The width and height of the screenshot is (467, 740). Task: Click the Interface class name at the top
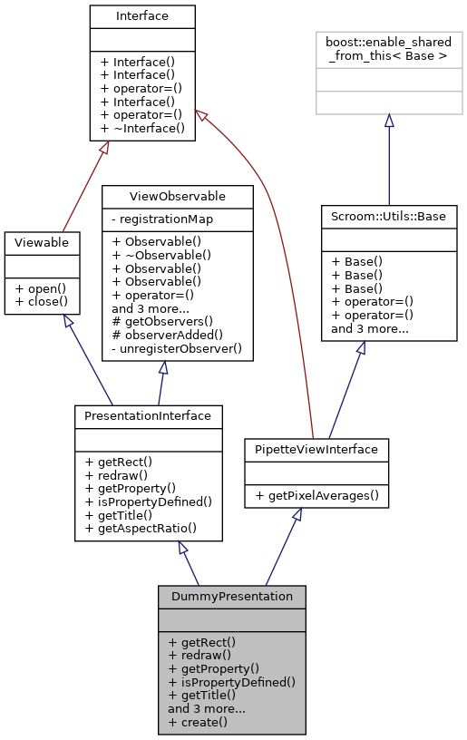142,15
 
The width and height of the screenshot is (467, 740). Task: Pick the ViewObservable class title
177,195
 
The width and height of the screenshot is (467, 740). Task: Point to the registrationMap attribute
161,218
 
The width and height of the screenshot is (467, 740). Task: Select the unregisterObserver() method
176,348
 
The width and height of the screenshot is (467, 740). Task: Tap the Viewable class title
42,242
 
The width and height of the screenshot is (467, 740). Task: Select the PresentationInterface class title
148,415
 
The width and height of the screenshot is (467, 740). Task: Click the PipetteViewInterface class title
316,449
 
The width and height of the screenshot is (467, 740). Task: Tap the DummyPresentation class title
231,597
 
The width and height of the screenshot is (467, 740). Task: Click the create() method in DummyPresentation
198,722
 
